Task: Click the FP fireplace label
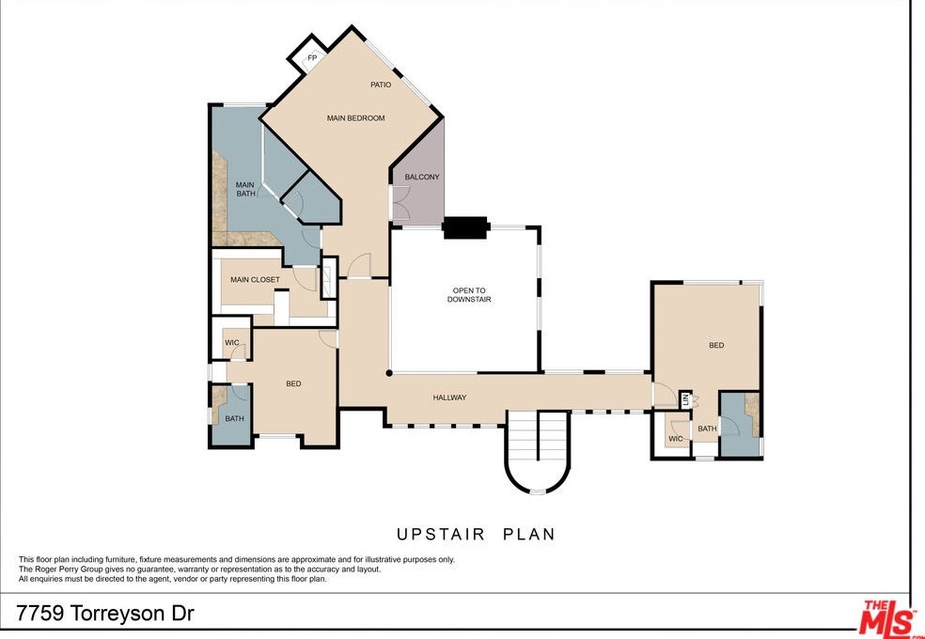[x=311, y=58]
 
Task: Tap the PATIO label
[x=381, y=85]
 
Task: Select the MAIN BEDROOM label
[x=355, y=118]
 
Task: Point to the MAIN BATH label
[x=245, y=189]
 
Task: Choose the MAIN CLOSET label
[x=255, y=280]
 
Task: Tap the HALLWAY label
[x=449, y=397]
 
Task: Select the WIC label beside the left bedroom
[x=231, y=343]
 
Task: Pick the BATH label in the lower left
[x=234, y=418]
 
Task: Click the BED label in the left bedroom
[x=293, y=383]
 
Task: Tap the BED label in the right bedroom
[x=716, y=346]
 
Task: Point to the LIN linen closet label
[x=686, y=399]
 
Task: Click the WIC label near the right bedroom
[x=675, y=439]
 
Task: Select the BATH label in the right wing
[x=707, y=429]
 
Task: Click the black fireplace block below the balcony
[x=465, y=227]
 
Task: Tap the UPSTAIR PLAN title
[x=476, y=534]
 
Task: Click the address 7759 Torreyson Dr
[x=105, y=614]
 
